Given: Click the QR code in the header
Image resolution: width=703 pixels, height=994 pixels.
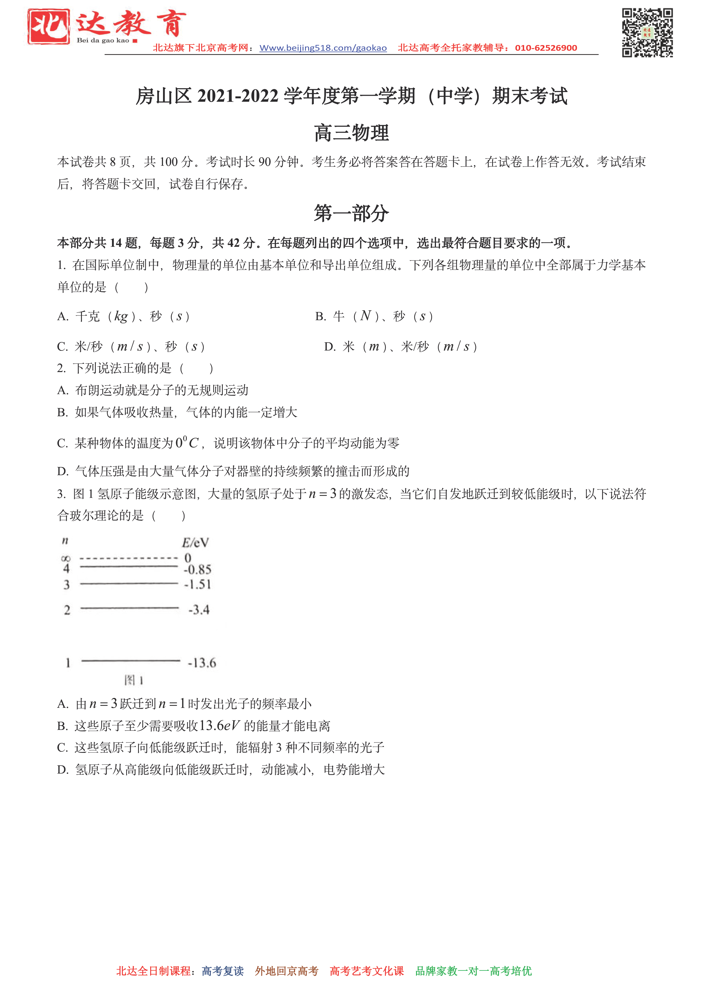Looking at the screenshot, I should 647,33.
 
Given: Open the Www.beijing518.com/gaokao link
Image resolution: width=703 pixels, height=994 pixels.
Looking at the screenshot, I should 323,48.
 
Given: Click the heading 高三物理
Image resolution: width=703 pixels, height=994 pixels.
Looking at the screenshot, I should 351,133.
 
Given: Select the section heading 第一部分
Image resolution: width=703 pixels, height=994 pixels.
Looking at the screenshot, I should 351,213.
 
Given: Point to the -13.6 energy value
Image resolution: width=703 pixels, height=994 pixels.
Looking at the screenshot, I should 202,663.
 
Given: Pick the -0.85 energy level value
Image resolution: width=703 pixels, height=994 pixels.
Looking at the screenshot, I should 198,569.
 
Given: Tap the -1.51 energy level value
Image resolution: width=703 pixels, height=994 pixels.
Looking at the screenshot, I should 198,585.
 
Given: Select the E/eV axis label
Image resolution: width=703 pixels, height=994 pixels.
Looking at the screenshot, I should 195,542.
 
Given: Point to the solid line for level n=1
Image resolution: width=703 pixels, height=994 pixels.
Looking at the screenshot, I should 130,661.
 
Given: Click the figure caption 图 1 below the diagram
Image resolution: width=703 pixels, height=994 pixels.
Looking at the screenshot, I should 134,680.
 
